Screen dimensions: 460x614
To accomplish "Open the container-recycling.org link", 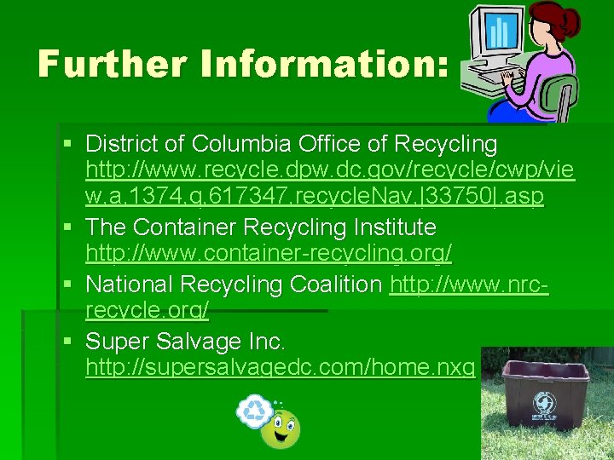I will click(269, 253).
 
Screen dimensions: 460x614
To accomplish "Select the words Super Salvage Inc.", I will click(185, 342).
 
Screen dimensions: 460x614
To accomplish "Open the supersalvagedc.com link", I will click(280, 367).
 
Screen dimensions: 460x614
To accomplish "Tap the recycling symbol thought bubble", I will click(254, 410).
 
